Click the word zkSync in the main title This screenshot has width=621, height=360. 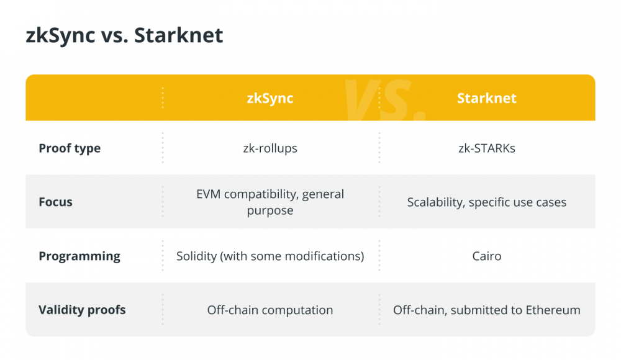tap(61, 35)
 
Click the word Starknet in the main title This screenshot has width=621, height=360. tap(179, 35)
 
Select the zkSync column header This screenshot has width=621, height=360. tap(270, 98)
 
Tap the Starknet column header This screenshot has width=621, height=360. tap(487, 98)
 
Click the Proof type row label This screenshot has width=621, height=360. tap(70, 148)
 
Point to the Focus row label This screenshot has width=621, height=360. tap(55, 202)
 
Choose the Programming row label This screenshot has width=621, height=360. tap(79, 256)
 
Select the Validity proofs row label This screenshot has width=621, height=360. tap(82, 310)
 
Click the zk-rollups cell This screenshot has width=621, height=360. tap(270, 148)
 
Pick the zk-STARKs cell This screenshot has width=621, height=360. tap(487, 148)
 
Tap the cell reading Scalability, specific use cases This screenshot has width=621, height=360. tap(487, 202)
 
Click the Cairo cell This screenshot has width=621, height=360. tap(487, 256)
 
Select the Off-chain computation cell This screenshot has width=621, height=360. tap(270, 310)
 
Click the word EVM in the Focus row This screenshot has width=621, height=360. tap(208, 194)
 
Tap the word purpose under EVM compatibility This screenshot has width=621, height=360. tap(270, 210)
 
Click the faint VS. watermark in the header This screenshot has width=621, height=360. tap(384, 100)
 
